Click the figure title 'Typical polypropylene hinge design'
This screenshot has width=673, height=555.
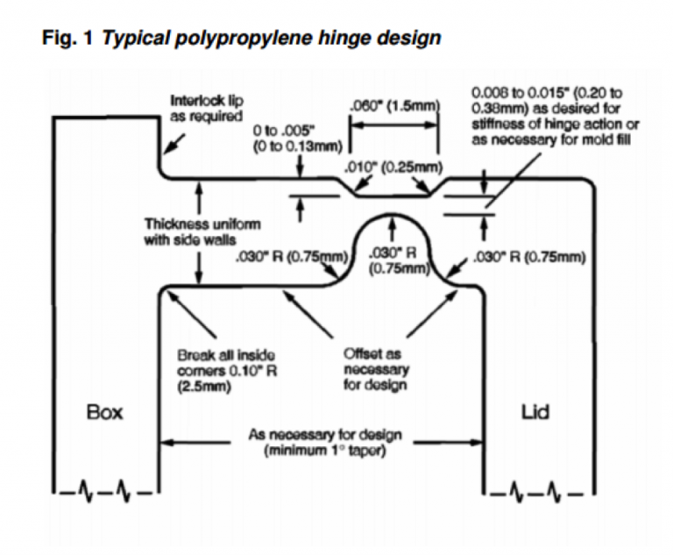pyautogui.click(x=272, y=39)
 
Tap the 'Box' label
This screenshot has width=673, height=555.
pyautogui.click(x=104, y=411)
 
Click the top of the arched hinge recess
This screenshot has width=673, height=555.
pyautogui.click(x=392, y=213)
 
